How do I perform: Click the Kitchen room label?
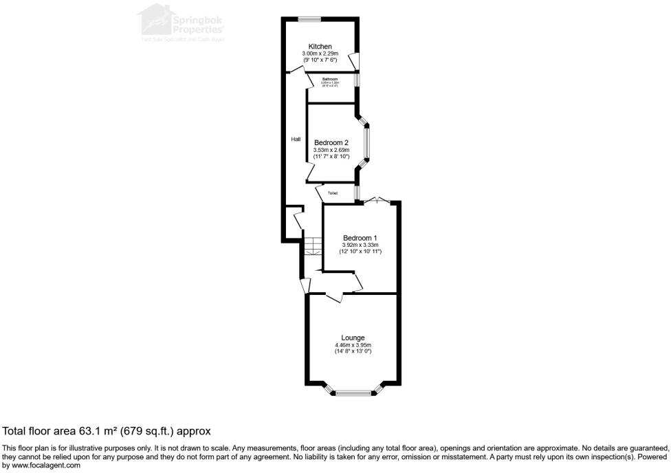(x=319, y=47)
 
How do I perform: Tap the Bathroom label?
(x=330, y=79)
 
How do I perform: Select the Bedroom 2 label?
(x=331, y=143)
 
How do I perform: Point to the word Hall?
(x=296, y=140)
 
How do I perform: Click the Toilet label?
(x=333, y=193)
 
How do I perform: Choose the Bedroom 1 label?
(x=360, y=238)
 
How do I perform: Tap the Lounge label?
(x=353, y=338)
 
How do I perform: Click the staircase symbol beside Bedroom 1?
(x=313, y=245)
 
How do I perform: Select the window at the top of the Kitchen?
(x=309, y=19)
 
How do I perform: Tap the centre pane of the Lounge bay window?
(x=353, y=393)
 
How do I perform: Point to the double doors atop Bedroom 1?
(x=377, y=200)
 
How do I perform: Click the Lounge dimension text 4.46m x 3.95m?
(x=353, y=345)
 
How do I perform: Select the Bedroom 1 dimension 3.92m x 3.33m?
(x=360, y=245)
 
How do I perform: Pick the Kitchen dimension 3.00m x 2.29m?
(x=319, y=54)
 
